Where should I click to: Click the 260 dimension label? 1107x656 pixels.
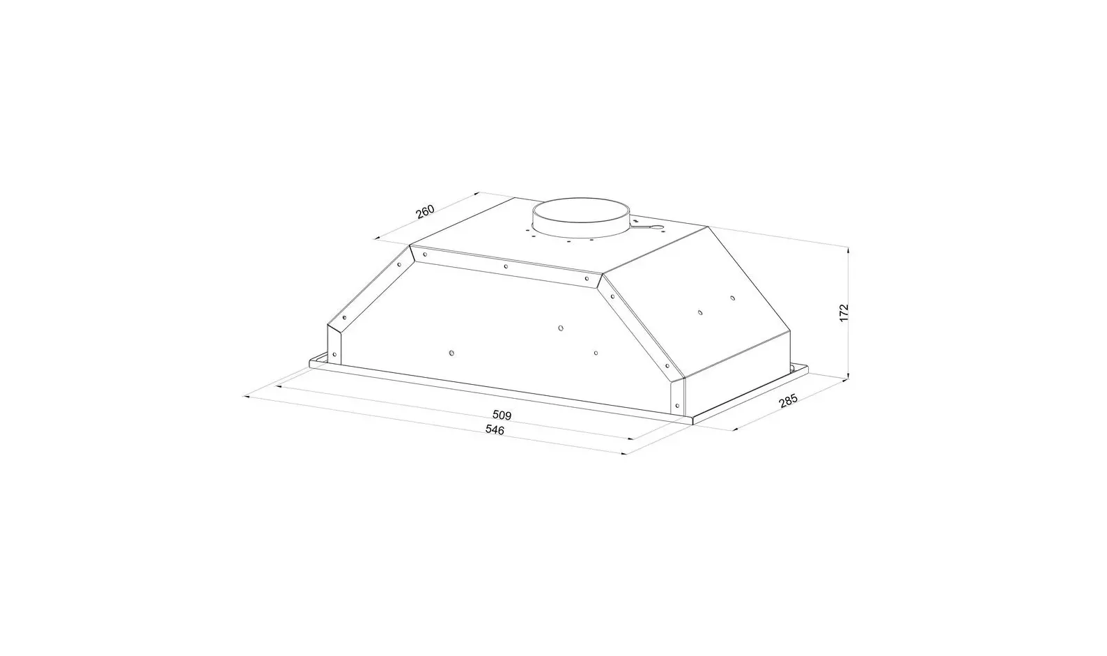click(425, 211)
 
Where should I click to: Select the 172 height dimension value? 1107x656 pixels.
click(844, 313)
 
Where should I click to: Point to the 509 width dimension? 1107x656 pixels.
click(502, 415)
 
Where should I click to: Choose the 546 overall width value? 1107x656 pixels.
click(494, 430)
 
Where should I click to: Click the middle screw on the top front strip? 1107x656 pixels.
click(506, 266)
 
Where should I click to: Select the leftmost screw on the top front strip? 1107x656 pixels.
click(425, 254)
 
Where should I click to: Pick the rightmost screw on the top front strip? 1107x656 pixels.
click(587, 278)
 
